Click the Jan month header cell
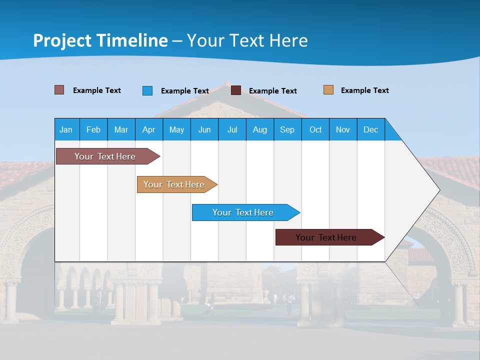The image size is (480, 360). (x=66, y=129)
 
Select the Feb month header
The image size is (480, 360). (x=93, y=129)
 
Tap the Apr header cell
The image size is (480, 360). (x=149, y=129)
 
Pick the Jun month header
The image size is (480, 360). (x=204, y=129)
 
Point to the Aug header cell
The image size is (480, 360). (x=260, y=129)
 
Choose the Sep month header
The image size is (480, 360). (x=287, y=129)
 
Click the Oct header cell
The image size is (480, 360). (x=315, y=129)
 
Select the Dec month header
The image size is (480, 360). (x=371, y=129)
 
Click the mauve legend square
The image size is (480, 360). (x=59, y=90)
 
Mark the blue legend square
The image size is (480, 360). (x=147, y=90)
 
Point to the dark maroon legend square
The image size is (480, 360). (x=236, y=90)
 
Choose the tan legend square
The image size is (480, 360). (x=328, y=90)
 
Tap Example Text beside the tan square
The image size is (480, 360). (x=364, y=90)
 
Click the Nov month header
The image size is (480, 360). (x=343, y=129)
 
